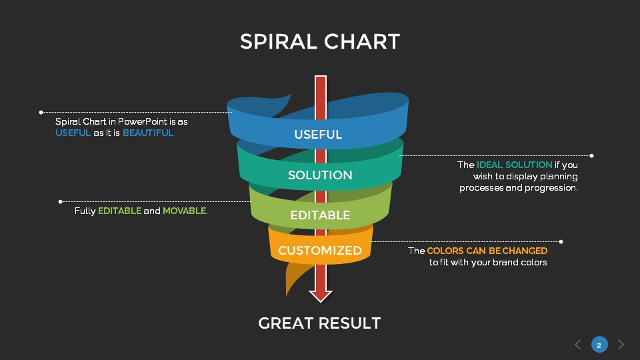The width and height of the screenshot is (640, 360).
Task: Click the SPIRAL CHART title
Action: (320, 41)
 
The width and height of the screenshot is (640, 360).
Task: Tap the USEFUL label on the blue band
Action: (318, 135)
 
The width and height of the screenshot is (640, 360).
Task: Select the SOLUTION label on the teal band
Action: (320, 175)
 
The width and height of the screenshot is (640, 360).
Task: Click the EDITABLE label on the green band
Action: (320, 215)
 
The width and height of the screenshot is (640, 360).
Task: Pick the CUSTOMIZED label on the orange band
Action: (320, 251)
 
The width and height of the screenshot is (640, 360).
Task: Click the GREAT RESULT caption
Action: (319, 323)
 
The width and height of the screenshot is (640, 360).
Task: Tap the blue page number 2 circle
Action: (599, 345)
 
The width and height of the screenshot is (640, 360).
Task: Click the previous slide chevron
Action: (578, 345)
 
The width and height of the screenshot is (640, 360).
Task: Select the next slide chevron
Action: (621, 345)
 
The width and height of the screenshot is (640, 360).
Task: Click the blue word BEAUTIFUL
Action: (148, 133)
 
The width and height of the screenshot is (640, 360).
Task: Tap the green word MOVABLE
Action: (185, 211)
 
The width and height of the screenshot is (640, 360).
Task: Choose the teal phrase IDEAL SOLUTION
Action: (514, 165)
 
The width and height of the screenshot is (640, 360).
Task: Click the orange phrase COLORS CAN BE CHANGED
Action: (487, 251)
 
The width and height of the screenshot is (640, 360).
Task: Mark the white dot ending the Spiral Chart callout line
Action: (41, 112)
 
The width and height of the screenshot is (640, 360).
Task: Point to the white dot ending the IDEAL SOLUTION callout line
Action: (591, 155)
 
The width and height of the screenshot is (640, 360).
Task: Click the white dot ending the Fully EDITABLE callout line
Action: (61, 201)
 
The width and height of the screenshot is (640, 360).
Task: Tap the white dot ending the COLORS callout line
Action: (561, 241)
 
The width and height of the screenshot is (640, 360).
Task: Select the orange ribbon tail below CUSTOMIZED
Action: (293, 277)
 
